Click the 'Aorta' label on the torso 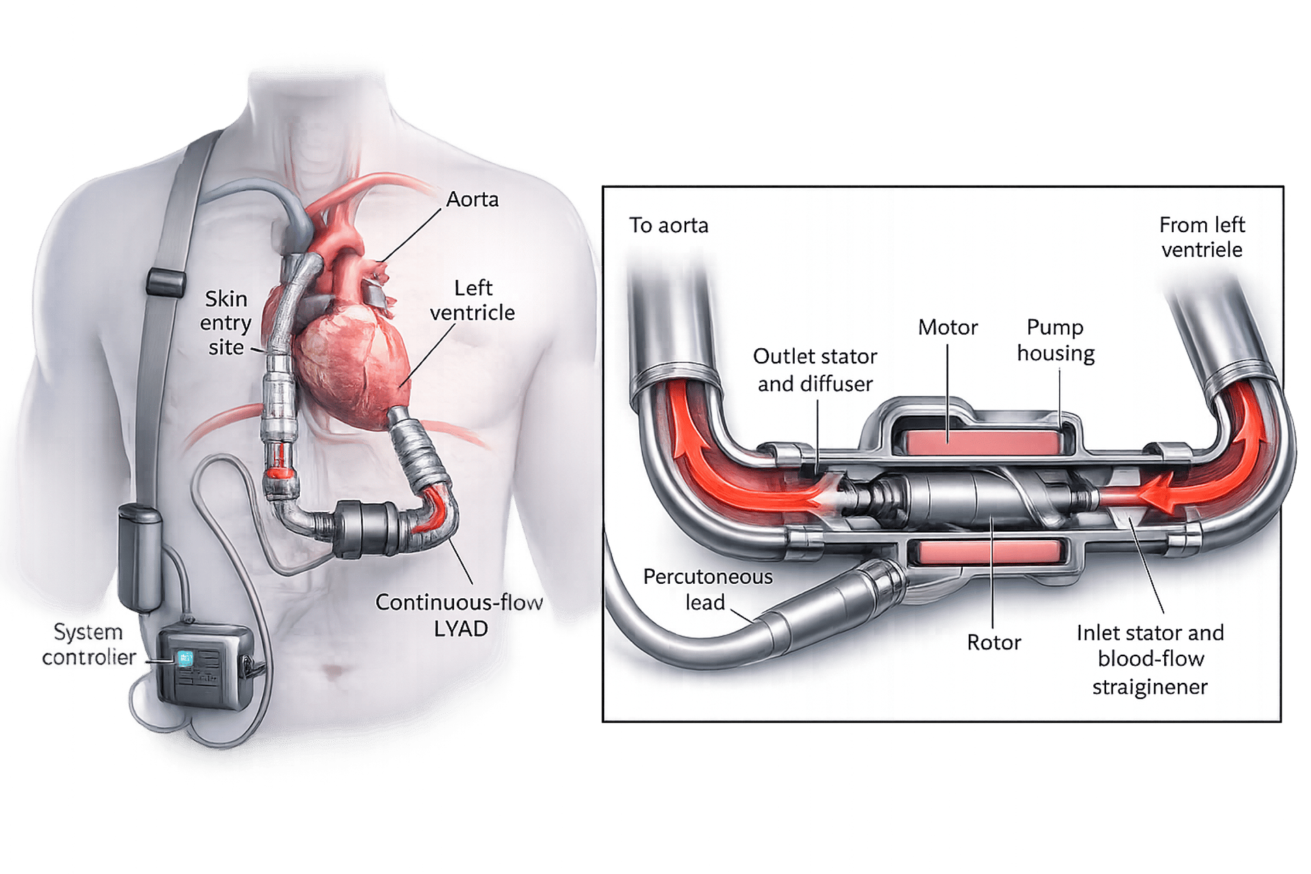click(x=472, y=199)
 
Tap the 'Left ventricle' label click(x=473, y=300)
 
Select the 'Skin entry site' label click(x=226, y=323)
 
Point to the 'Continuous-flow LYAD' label click(x=460, y=615)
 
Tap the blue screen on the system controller click(x=185, y=658)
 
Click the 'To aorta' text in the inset click(x=668, y=225)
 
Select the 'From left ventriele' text click(x=1202, y=237)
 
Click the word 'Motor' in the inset click(x=948, y=328)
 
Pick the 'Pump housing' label click(x=1056, y=340)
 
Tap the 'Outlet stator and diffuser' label click(x=815, y=370)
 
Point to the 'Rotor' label click(x=993, y=643)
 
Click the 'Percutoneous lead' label click(x=707, y=589)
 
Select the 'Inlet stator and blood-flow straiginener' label click(x=1150, y=659)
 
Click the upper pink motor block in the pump click(x=981, y=442)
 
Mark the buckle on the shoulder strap click(x=166, y=282)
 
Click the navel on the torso click(x=333, y=672)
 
